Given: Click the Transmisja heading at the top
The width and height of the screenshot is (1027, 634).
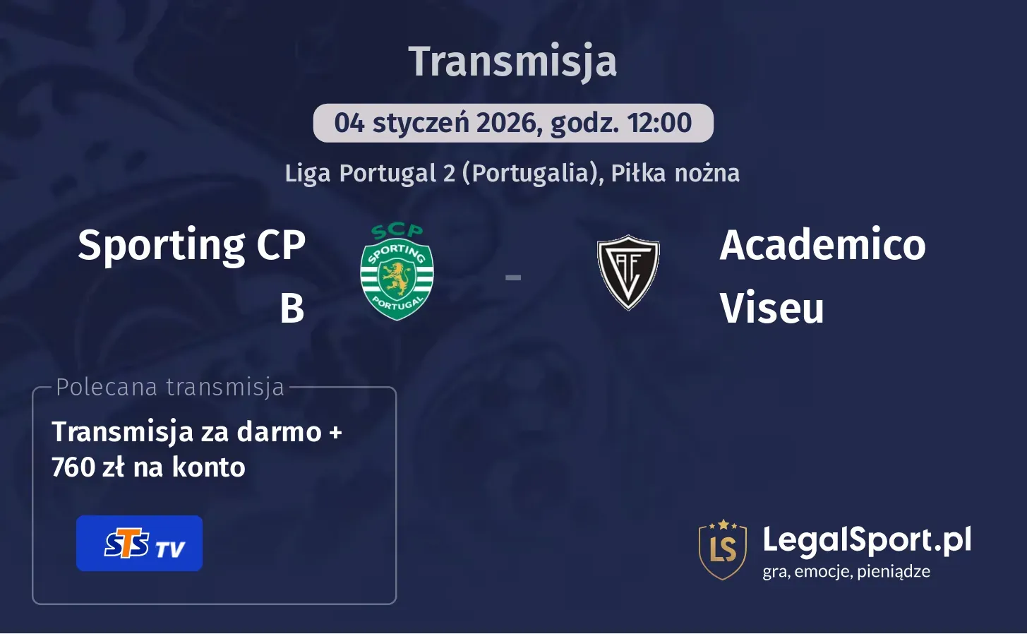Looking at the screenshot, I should [512, 61].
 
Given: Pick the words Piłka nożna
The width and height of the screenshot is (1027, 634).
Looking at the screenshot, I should [675, 173].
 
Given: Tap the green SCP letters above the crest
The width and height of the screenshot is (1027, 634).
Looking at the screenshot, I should [397, 230].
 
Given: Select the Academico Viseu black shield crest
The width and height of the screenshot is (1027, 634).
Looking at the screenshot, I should [627, 273].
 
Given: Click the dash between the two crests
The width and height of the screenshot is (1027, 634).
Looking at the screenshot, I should [513, 278].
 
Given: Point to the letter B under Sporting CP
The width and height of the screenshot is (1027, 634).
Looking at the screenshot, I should [292, 309].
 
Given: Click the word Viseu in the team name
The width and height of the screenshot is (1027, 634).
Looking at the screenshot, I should [771, 309].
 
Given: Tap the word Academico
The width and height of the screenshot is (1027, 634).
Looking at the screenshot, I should [822, 245].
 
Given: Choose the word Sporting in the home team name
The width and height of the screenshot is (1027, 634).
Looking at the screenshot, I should [162, 245].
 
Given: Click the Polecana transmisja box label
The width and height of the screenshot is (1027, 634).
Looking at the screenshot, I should [169, 387].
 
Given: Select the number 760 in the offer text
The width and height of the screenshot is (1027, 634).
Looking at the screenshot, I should [73, 467].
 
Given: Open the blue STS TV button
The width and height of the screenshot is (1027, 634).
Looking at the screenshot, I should [139, 543].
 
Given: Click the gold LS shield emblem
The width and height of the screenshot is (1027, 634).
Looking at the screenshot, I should [722, 549].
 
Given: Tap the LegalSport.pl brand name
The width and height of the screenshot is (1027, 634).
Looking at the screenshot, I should [866, 540].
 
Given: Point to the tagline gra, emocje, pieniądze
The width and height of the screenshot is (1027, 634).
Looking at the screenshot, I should [846, 571].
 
